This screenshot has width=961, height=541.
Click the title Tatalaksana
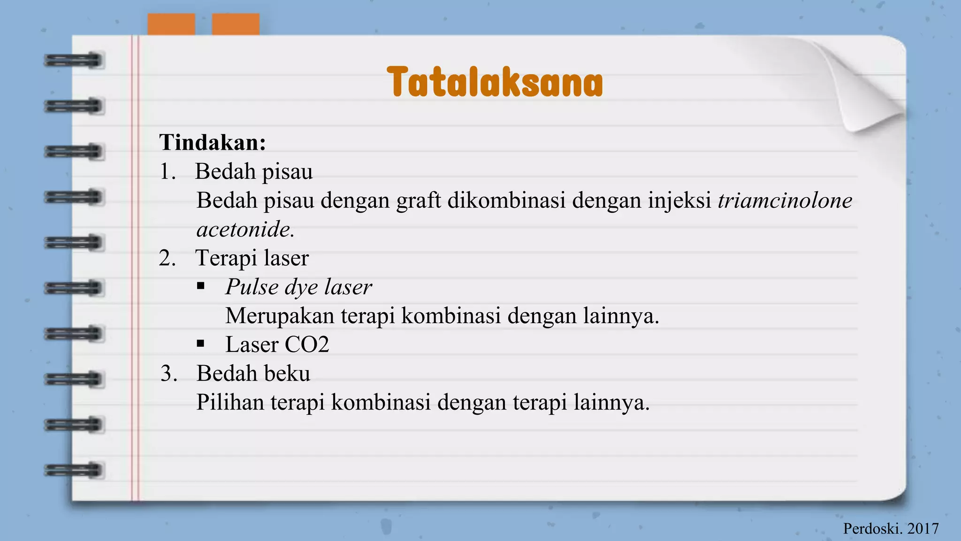tap(495, 83)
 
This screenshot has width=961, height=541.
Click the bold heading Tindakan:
tap(213, 142)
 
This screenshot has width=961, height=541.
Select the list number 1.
tap(167, 172)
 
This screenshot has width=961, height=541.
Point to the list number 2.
tap(167, 258)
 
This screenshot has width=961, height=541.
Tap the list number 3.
tap(168, 374)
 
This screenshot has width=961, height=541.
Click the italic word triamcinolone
tap(785, 201)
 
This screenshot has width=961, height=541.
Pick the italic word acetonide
tap(245, 230)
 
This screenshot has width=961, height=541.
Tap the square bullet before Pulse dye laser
tap(201, 286)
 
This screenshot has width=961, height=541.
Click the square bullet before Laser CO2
tap(201, 344)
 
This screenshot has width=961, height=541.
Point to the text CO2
tap(307, 345)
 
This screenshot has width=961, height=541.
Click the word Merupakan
tap(280, 316)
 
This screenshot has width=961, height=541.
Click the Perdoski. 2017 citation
tap(891, 529)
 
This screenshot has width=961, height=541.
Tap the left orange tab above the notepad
tap(171, 24)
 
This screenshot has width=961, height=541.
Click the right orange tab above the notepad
tap(236, 24)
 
